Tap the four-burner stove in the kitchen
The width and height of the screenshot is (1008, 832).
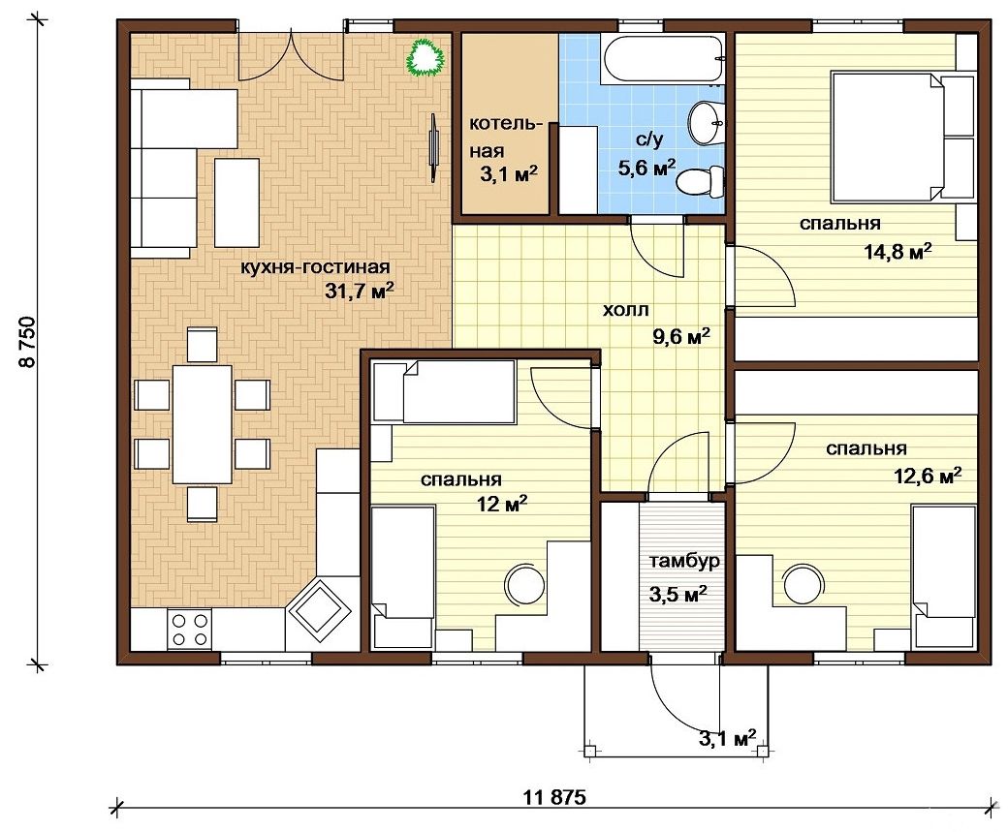pyautogui.click(x=190, y=629)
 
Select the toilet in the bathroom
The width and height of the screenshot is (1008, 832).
pyautogui.click(x=700, y=180)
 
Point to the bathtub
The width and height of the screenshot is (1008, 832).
pyautogui.click(x=663, y=59)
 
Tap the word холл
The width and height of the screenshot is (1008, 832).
pyautogui.click(x=625, y=311)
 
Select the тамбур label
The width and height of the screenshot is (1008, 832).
pyautogui.click(x=684, y=562)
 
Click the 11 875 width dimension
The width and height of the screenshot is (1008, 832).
pyautogui.click(x=554, y=798)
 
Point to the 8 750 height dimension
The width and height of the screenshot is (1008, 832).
pyautogui.click(x=28, y=342)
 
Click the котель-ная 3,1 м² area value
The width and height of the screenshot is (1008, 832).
pyautogui.click(x=509, y=173)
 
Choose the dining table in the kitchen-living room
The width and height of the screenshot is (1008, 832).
pyautogui.click(x=202, y=424)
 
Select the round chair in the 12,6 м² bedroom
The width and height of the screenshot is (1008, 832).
pyautogui.click(x=803, y=583)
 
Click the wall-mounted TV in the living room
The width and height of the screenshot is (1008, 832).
pyautogui.click(x=434, y=148)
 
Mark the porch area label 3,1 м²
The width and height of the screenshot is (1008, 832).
pyautogui.click(x=727, y=739)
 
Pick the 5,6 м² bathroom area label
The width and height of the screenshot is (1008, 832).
pyautogui.click(x=646, y=169)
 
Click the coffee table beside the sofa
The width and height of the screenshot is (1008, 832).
pyautogui.click(x=236, y=202)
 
